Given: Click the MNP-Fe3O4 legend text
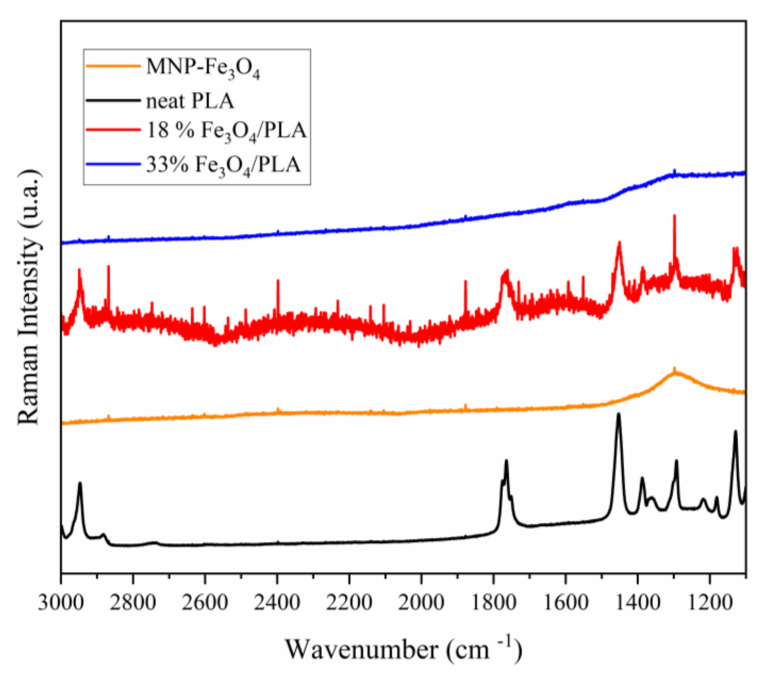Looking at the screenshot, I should point(203,68).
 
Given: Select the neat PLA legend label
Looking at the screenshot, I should point(190,101).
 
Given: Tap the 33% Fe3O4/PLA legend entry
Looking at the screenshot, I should point(223,165).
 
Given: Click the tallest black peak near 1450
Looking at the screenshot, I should point(618,415).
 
